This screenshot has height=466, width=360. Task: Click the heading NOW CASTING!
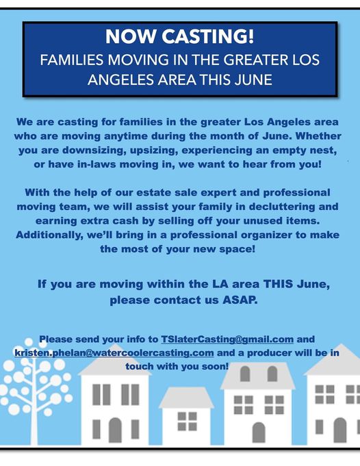pyautogui.click(x=179, y=36)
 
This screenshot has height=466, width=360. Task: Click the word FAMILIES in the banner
pyautogui.click(x=72, y=60)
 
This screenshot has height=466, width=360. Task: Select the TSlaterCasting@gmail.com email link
pyautogui.click(x=227, y=339)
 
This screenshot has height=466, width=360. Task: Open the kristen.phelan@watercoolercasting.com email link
pyautogui.click(x=114, y=353)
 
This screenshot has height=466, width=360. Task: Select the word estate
pyautogui.click(x=153, y=192)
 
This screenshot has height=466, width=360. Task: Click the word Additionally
pyautogui.click(x=50, y=235)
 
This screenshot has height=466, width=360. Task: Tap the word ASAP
pyautogui.click(x=240, y=300)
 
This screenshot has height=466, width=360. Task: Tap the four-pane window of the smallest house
pyautogui.click(x=188, y=421)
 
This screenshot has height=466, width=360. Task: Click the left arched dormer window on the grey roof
pyautogui.click(x=245, y=374)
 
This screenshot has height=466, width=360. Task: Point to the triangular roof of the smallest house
pyautogui.click(x=186, y=398)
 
